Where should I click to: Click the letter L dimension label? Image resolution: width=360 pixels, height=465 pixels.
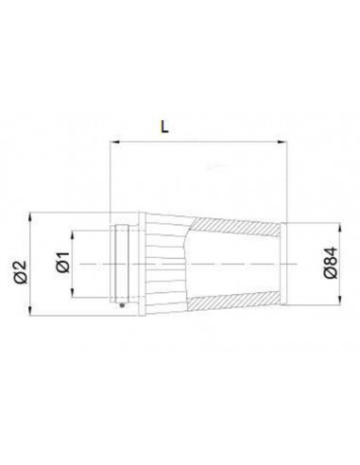tap(164, 127)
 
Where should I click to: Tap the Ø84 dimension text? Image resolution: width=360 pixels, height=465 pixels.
tap(331, 264)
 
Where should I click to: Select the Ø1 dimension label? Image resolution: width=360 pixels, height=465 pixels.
tap(62, 263)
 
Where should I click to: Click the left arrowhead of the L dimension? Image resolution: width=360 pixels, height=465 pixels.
tap(115, 142)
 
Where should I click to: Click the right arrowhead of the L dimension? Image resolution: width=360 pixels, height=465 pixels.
tap(283, 142)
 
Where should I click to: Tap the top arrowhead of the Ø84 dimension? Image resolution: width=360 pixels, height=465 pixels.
tap(339, 229)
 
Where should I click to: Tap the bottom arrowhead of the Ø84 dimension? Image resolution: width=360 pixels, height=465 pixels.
tap(339, 299)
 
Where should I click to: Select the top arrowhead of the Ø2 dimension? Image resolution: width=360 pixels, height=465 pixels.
tap(30, 217)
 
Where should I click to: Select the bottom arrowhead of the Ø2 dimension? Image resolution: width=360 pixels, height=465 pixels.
tap(30, 310)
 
